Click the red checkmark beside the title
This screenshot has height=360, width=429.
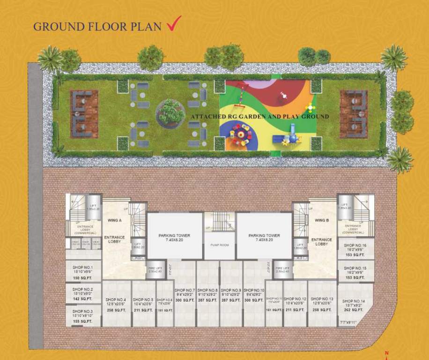click(x=174, y=24)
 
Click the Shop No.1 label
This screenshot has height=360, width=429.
click(x=83, y=267)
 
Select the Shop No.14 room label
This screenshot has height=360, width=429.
click(x=354, y=301)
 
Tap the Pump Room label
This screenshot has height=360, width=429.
click(x=219, y=245)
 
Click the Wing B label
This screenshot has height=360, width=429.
click(x=322, y=220)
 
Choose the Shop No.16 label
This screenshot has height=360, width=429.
click(x=355, y=245)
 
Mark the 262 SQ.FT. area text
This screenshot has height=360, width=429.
click(x=354, y=309)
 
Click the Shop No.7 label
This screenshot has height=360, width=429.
click(x=185, y=291)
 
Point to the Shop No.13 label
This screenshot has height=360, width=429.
click(x=322, y=299)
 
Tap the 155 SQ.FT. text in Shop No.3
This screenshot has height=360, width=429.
click(x=82, y=321)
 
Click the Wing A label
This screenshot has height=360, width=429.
click(x=115, y=220)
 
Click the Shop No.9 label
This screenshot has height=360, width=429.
click(x=231, y=291)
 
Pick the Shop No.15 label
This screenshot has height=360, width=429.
click(x=355, y=269)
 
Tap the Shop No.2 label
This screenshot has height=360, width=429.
click(x=83, y=290)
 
